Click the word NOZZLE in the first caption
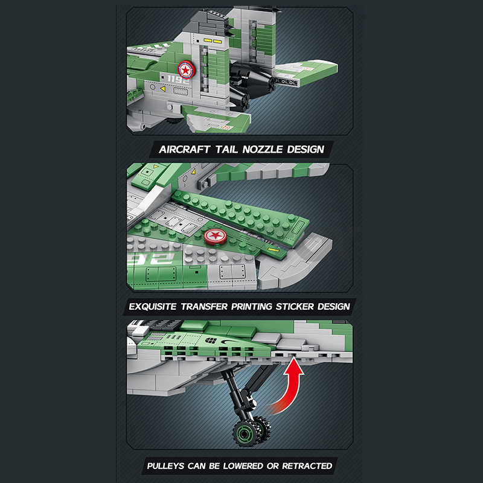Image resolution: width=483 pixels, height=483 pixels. click(x=263, y=149)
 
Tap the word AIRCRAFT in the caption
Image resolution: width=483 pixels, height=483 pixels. click(x=185, y=149)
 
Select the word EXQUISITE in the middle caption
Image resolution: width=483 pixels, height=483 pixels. click(x=153, y=307)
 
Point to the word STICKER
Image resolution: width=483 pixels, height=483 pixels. click(x=295, y=307)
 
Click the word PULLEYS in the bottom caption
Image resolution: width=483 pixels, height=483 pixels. click(x=165, y=466)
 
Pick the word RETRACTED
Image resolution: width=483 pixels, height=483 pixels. click(x=307, y=466)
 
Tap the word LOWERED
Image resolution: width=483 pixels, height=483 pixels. click(x=243, y=466)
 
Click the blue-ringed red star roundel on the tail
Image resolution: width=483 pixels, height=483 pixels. click(x=186, y=70)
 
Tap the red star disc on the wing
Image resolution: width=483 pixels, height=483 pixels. click(x=216, y=236)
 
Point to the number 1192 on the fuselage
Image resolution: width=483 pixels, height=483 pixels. click(x=178, y=80)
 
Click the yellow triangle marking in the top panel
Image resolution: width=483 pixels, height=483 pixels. click(x=162, y=89)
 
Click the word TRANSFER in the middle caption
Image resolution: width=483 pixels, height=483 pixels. click(x=204, y=307)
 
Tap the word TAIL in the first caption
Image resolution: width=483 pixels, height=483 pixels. click(x=226, y=149)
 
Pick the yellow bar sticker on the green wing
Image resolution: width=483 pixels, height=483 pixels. click(x=273, y=249)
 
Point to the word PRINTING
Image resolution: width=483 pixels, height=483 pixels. click(x=251, y=307)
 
